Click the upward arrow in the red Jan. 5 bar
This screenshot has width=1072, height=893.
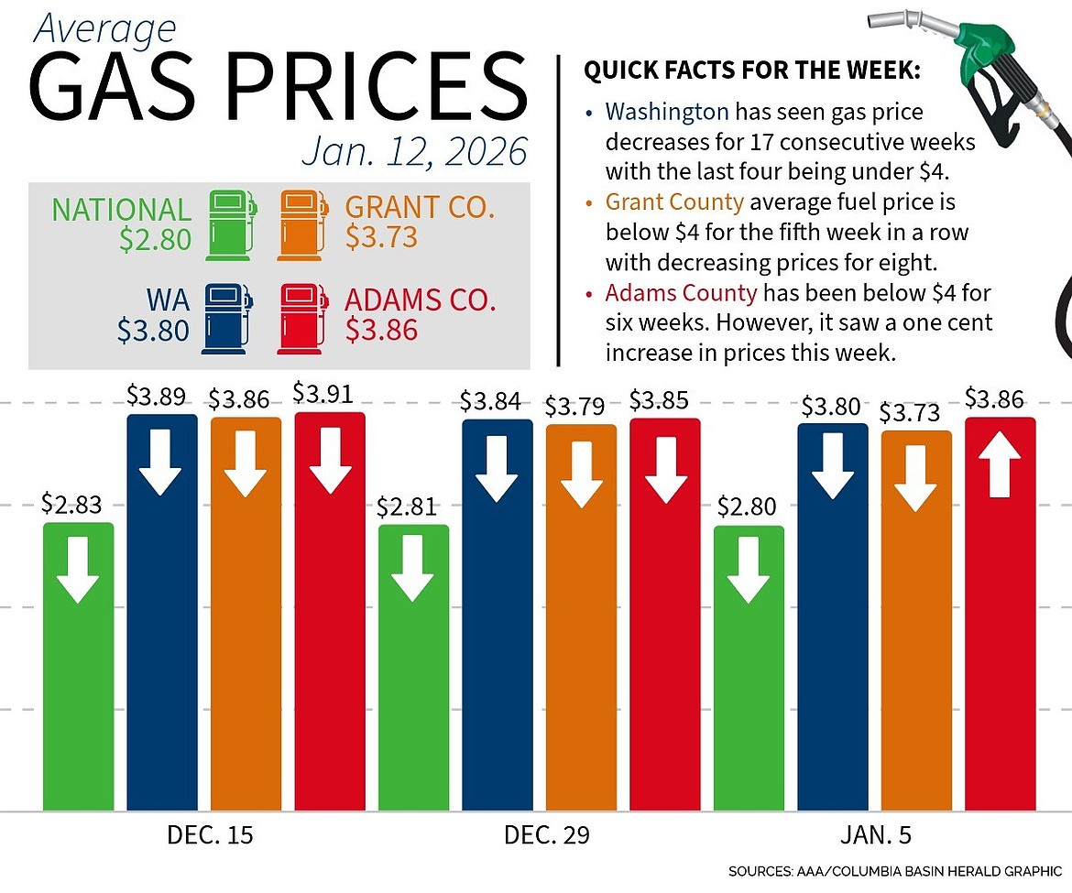[x=1000, y=464]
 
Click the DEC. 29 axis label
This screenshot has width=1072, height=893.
[x=547, y=835]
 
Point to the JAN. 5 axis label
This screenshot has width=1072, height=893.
[x=874, y=835]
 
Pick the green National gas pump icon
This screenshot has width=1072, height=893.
[x=231, y=223]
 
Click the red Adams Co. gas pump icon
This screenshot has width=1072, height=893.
[x=302, y=319]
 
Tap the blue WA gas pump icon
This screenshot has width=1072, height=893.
[x=225, y=319]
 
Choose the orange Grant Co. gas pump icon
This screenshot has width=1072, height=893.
[x=303, y=223]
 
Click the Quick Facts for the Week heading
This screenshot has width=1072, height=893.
[x=751, y=71]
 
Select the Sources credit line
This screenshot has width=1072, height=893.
[x=895, y=870]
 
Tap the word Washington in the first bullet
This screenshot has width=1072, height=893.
[x=666, y=113]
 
